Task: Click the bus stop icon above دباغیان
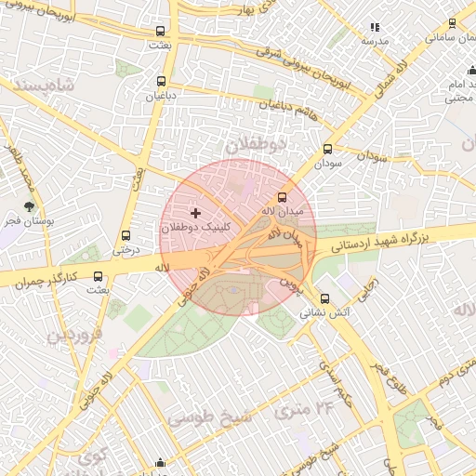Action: pyautogui.click(x=162, y=81)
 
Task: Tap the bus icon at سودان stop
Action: pyautogui.click(x=327, y=149)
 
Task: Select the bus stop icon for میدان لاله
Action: pyautogui.click(x=283, y=197)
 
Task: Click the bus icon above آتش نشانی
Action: pyautogui.click(x=324, y=298)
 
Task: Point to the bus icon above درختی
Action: pyautogui.click(x=126, y=235)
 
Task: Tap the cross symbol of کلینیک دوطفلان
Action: pyautogui.click(x=194, y=214)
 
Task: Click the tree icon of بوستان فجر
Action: pyautogui.click(x=30, y=206)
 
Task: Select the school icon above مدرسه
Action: pyautogui.click(x=375, y=28)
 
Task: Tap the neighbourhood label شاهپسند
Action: pyautogui.click(x=37, y=84)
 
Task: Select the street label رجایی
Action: pyautogui.click(x=370, y=287)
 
